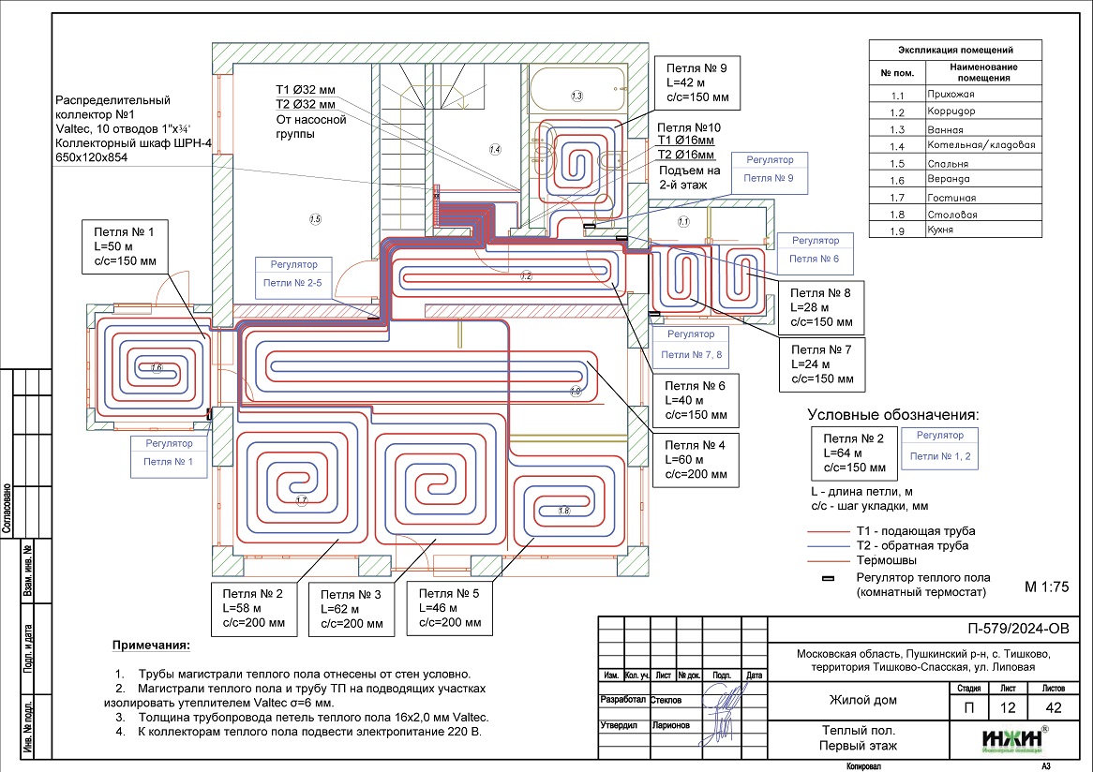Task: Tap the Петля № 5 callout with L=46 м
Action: point(450,608)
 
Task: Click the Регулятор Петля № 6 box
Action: point(814,249)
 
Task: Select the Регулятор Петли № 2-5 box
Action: point(294,279)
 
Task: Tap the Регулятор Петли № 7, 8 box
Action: point(691,345)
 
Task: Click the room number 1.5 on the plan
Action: point(315,219)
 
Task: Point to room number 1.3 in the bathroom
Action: point(576,96)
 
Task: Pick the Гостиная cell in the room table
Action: point(981,198)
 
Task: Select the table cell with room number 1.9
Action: point(898,230)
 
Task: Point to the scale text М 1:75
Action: point(1047,587)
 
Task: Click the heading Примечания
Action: point(151,646)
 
